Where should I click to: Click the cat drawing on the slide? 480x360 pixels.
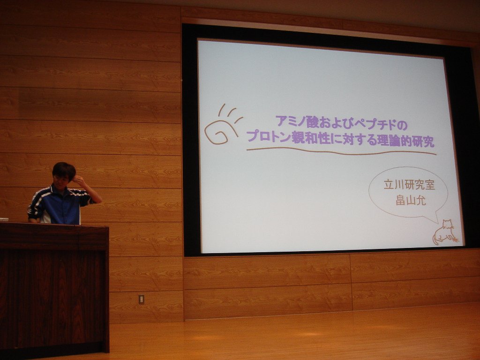click(445, 232)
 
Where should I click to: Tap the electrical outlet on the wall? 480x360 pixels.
click(141, 299)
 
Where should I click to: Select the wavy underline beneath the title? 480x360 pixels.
click(341, 151)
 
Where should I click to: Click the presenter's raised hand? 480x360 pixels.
click(78, 181)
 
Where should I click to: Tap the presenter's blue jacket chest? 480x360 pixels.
click(61, 208)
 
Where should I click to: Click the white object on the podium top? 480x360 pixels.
click(4, 219)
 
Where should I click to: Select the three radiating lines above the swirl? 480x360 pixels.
click(230, 112)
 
